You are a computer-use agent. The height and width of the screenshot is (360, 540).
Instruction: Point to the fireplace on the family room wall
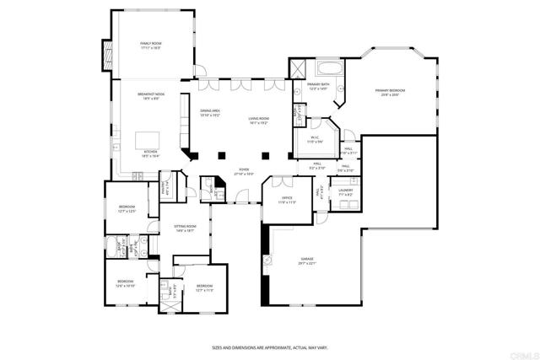click(106, 56)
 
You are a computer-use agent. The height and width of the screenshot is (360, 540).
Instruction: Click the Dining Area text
click(210, 113)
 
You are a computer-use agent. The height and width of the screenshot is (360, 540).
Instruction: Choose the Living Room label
click(258, 121)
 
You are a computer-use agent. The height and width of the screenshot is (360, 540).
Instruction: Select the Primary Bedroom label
click(391, 92)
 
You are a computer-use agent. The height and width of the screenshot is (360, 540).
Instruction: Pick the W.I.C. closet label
click(314, 139)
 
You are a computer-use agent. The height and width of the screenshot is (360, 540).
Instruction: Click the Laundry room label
click(345, 192)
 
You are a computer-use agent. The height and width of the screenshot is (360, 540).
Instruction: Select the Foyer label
click(244, 171)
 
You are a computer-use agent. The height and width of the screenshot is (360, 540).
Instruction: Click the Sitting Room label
click(185, 228)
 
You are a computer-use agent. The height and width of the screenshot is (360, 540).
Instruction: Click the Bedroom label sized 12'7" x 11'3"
click(205, 287)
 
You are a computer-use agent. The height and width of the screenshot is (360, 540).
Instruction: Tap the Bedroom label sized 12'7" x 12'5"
click(127, 208)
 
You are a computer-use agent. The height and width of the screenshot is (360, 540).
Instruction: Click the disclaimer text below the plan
click(269, 347)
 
